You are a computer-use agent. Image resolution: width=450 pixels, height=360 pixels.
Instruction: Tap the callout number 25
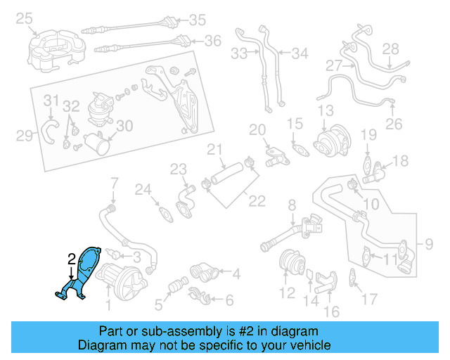(25, 18)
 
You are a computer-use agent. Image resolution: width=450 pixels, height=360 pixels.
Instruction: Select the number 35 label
(198, 20)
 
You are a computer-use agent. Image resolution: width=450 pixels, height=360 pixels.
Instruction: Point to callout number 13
(325, 110)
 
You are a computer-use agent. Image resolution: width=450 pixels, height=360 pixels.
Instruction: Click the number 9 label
(429, 245)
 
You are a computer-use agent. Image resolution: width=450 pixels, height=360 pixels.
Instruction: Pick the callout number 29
(25, 135)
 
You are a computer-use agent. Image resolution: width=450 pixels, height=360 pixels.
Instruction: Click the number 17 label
(369, 297)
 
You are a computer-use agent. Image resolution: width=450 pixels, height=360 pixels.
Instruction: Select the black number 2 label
(71, 259)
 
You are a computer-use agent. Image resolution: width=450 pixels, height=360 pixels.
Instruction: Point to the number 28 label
(390, 49)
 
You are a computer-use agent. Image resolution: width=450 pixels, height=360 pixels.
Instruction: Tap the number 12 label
(287, 291)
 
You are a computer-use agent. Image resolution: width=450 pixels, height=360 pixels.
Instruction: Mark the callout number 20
(257, 129)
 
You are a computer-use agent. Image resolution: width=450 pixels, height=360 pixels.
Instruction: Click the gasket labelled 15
(300, 149)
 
